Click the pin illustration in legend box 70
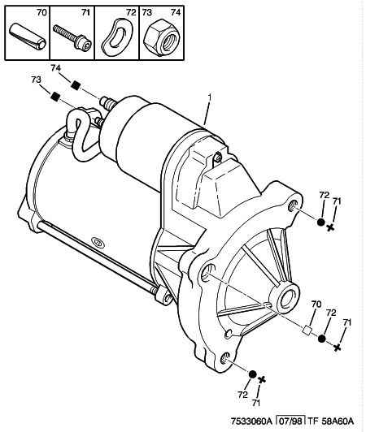[x=28, y=37]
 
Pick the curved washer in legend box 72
[x=117, y=37]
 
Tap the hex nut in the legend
[x=162, y=38]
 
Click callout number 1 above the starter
[x=210, y=97]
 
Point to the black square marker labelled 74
[x=75, y=85]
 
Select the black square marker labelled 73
[x=55, y=97]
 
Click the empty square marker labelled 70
[x=307, y=330]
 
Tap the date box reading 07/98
[x=290, y=421]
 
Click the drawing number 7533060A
[x=251, y=421]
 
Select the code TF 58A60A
[x=331, y=421]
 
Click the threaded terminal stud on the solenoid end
[x=108, y=102]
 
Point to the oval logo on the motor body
[x=98, y=242]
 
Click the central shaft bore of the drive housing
[x=288, y=298]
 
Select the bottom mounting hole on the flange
[x=225, y=358]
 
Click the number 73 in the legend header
[x=147, y=12]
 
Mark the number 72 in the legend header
[x=131, y=12]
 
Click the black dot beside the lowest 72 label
[x=252, y=374]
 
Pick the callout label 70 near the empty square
[x=316, y=304]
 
